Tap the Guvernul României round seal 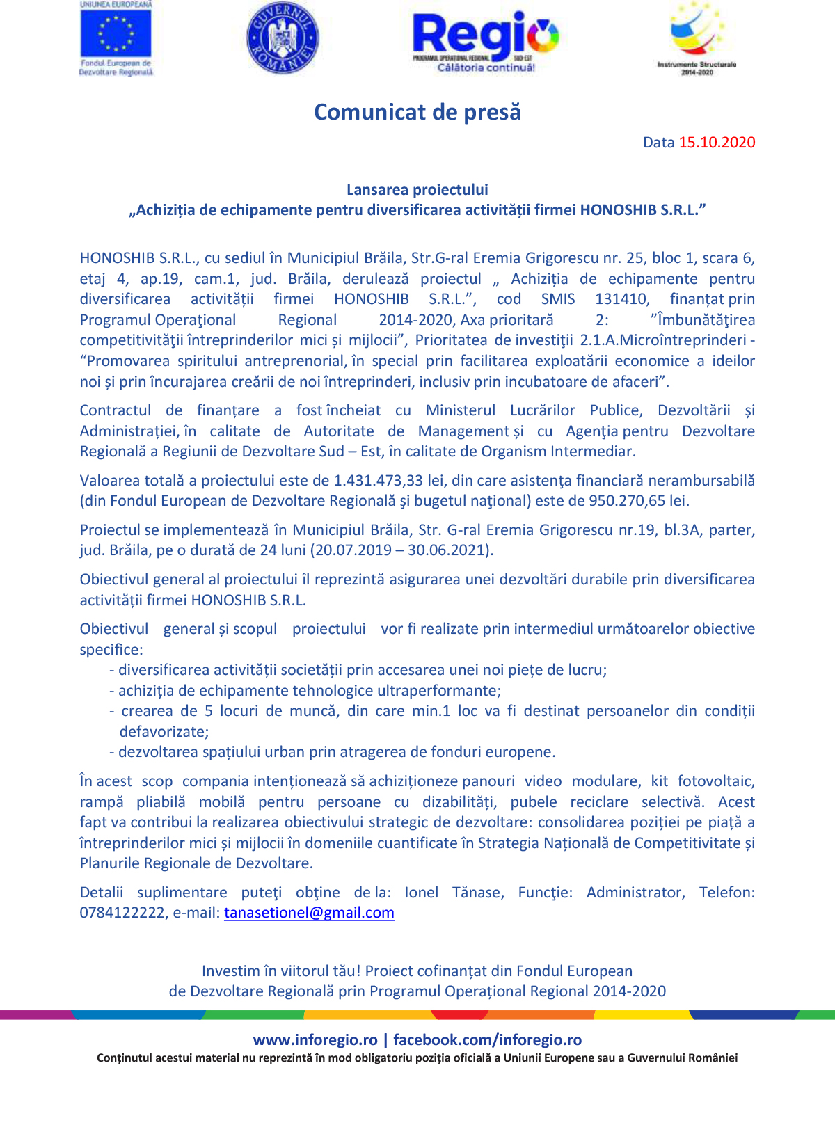pos(283,38)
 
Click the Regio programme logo pos(485,40)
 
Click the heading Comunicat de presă pos(417,112)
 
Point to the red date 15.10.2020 pos(717,143)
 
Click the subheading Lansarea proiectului pos(417,189)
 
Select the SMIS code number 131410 pos(621,299)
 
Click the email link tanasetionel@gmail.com pos(309,913)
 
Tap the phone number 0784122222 pos(122,913)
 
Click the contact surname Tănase pos(478,893)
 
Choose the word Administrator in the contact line pos(635,893)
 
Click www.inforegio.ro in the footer pos(315,1040)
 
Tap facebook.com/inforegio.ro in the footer pos(487,1040)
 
